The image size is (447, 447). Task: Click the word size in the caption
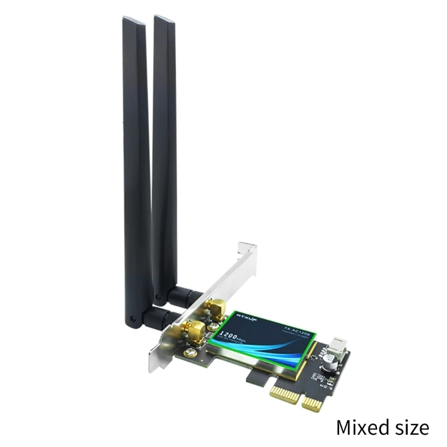click(411, 427)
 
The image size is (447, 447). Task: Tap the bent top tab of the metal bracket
click(246, 249)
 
